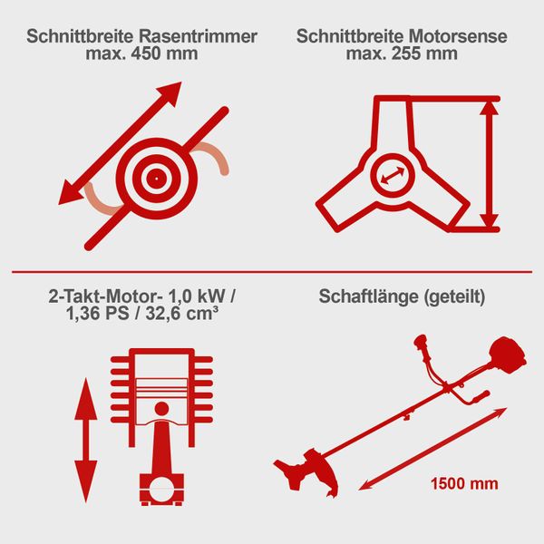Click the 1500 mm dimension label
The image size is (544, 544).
point(463,483)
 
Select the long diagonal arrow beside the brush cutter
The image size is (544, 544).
point(433,448)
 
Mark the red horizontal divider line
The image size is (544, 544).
point(272,270)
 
